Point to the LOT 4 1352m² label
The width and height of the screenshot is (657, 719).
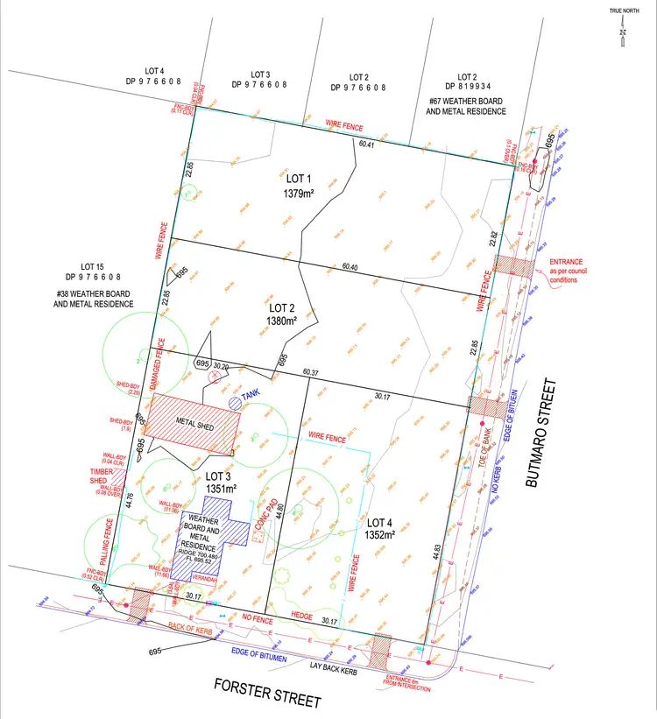pos(378,526)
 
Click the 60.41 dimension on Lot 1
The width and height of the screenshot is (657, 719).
pos(368,145)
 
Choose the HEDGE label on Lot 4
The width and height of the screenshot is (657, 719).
pos(302,616)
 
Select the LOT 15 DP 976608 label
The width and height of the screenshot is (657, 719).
pos(93,271)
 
